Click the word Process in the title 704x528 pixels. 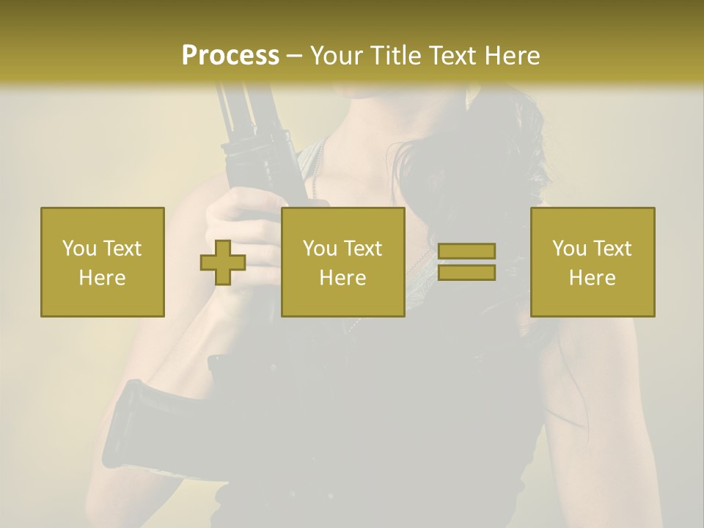pyautogui.click(x=230, y=56)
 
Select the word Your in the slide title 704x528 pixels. pyautogui.click(x=335, y=56)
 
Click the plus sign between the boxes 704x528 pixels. pyautogui.click(x=223, y=263)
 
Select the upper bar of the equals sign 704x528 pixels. pyautogui.click(x=466, y=251)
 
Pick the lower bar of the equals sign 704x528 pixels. pyautogui.click(x=466, y=273)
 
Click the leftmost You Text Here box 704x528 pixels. pyautogui.click(x=102, y=262)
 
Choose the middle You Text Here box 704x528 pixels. pyautogui.click(x=342, y=262)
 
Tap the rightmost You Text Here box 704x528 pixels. pyautogui.click(x=592, y=262)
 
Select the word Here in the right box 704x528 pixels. pyautogui.click(x=592, y=278)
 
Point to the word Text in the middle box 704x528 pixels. pyautogui.click(x=363, y=249)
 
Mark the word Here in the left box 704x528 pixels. pyautogui.click(x=102, y=278)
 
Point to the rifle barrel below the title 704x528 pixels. pyautogui.click(x=242, y=110)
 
